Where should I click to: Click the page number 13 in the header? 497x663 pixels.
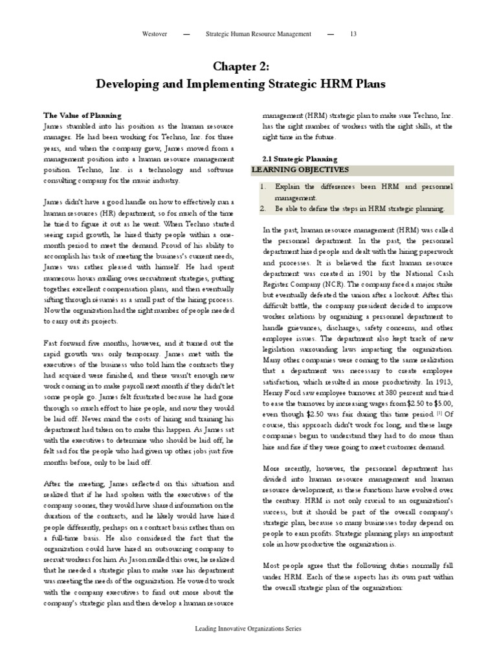353,34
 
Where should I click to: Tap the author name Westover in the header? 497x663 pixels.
155,34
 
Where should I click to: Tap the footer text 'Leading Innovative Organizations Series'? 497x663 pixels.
248,629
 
